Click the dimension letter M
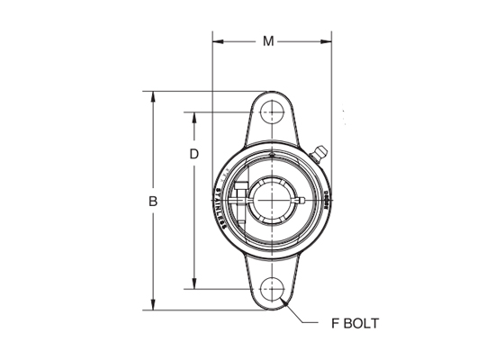269,40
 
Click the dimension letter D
193,154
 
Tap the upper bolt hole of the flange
271,113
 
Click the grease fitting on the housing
319,155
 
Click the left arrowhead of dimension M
216,40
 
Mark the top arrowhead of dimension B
153,94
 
